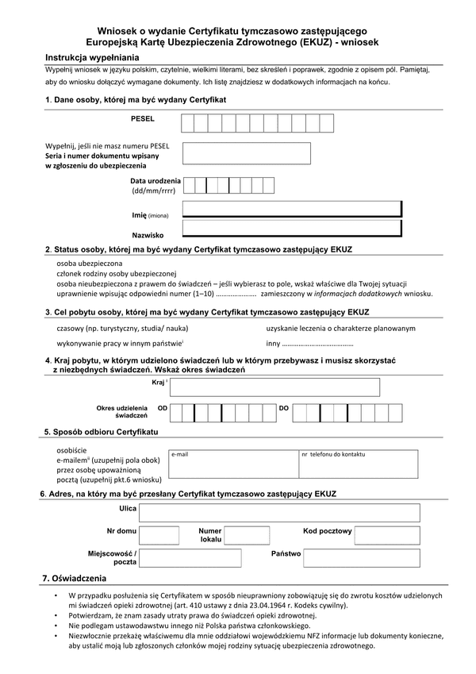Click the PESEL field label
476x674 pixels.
tap(143, 118)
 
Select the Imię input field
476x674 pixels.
tap(291, 210)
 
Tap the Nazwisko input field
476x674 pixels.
tap(291, 229)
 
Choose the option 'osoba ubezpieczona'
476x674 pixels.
tap(90, 262)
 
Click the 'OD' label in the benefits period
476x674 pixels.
tap(163, 408)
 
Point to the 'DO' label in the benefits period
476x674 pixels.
tap(283, 408)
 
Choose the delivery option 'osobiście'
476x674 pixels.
tap(73, 450)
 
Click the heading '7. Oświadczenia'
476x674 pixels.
tap(74, 577)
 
